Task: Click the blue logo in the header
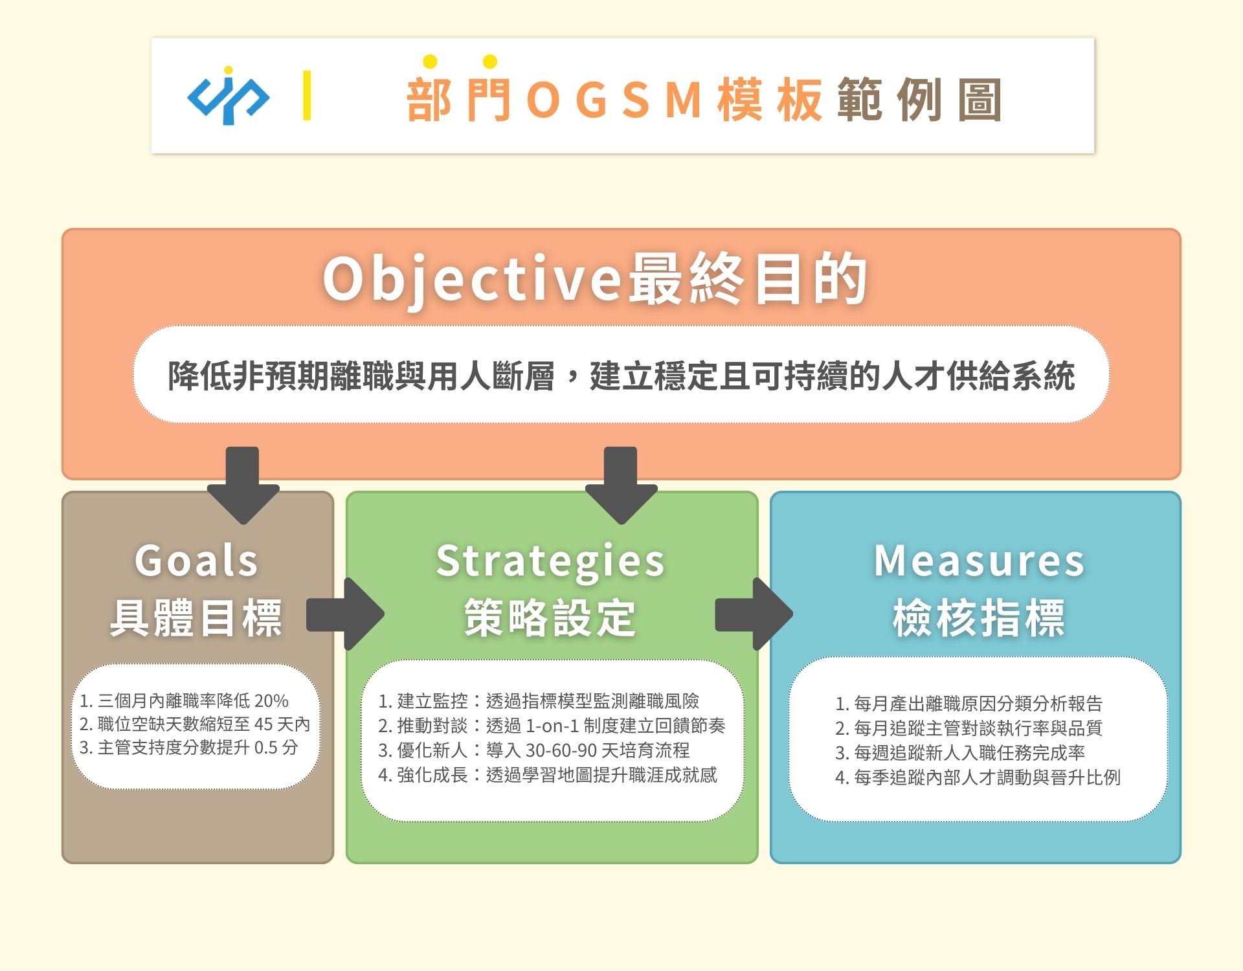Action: pos(228,95)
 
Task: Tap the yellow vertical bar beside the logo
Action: pos(307,95)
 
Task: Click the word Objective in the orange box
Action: pos(473,280)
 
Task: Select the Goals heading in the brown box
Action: pos(197,560)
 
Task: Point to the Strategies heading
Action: pos(550,561)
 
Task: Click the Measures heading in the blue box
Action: pos(979,561)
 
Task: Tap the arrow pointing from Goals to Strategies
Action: pos(345,614)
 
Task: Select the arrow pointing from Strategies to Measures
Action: pos(754,614)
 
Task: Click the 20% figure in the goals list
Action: pos(271,701)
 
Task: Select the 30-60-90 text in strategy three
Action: pos(561,750)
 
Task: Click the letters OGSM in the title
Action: pos(615,100)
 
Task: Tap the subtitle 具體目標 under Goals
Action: pos(196,618)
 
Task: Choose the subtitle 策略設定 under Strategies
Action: pos(550,618)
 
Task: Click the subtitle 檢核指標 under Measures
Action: pos(979,618)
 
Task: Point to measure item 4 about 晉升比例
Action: pos(978,777)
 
